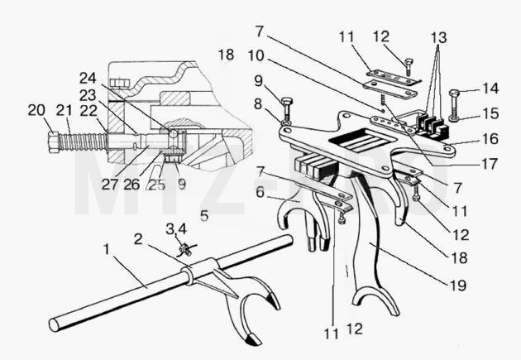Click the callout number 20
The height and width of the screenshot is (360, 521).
click(x=36, y=110)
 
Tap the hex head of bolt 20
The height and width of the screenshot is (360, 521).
click(x=54, y=142)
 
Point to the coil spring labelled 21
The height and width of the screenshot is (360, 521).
click(x=83, y=142)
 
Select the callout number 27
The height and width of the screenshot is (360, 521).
click(x=110, y=185)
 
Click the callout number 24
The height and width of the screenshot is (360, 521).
click(x=88, y=79)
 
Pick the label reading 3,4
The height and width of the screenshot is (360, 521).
click(x=176, y=229)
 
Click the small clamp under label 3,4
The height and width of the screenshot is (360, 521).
click(x=185, y=250)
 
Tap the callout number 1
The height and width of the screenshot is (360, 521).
click(x=107, y=249)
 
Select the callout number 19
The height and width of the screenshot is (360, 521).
click(x=458, y=286)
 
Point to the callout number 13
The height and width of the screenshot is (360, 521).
click(x=438, y=37)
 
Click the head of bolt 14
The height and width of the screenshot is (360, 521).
click(x=455, y=93)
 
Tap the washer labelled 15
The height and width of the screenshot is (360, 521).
click(x=454, y=118)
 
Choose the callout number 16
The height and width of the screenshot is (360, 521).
click(x=490, y=138)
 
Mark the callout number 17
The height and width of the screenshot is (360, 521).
click(x=490, y=164)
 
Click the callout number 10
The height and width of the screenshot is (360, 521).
click(x=260, y=55)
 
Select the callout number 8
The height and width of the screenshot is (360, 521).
click(x=258, y=104)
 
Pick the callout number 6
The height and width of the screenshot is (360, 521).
click(x=260, y=192)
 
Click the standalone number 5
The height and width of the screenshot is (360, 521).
click(x=204, y=216)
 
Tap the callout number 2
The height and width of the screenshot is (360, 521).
click(x=138, y=238)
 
